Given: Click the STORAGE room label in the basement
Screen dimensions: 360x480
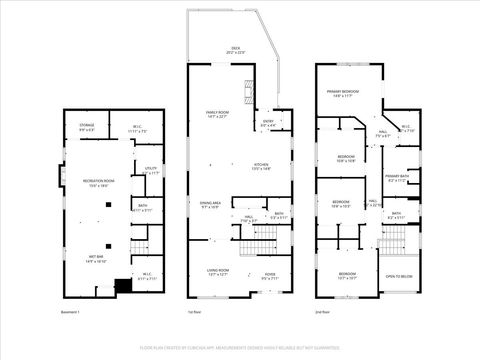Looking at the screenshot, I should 87,127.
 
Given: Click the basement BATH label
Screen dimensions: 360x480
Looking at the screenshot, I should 142,208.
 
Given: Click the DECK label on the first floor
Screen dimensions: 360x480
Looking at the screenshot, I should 236,49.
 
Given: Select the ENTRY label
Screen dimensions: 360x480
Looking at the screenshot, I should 267,123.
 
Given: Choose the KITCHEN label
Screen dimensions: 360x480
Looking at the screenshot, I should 261,167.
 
